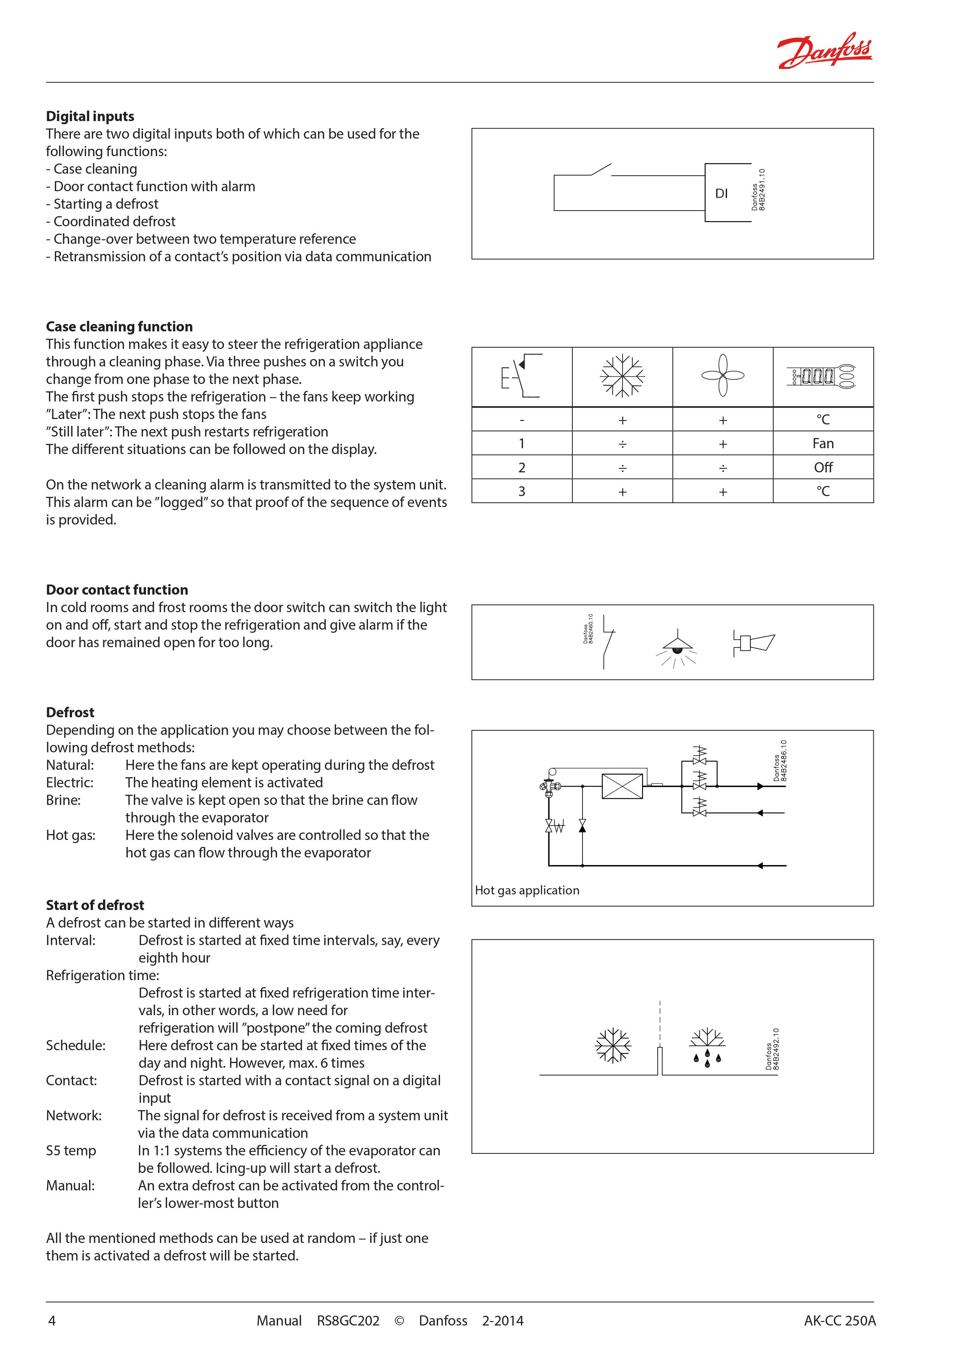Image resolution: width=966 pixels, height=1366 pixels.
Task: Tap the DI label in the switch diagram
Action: tap(721, 194)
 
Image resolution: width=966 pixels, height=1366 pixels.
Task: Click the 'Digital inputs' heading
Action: tap(90, 116)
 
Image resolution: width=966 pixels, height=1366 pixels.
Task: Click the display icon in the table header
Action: tap(823, 376)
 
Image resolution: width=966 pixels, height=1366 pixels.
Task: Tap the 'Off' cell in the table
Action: tap(823, 468)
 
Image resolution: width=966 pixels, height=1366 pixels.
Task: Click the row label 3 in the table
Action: tap(522, 491)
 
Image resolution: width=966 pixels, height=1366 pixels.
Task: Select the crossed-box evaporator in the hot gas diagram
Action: tap(622, 786)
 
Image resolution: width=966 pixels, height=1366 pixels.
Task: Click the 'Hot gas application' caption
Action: tap(527, 890)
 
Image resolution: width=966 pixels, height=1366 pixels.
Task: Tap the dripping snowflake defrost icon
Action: tap(707, 1047)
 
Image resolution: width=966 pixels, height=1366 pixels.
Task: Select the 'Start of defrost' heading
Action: tap(95, 905)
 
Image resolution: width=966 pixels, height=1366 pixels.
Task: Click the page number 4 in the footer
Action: tap(52, 1320)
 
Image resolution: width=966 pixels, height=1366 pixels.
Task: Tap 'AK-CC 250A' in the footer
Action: tap(839, 1320)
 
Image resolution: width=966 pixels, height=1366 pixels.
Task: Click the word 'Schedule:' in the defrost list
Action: tap(76, 1045)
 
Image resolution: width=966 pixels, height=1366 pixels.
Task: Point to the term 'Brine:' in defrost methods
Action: tap(63, 800)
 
